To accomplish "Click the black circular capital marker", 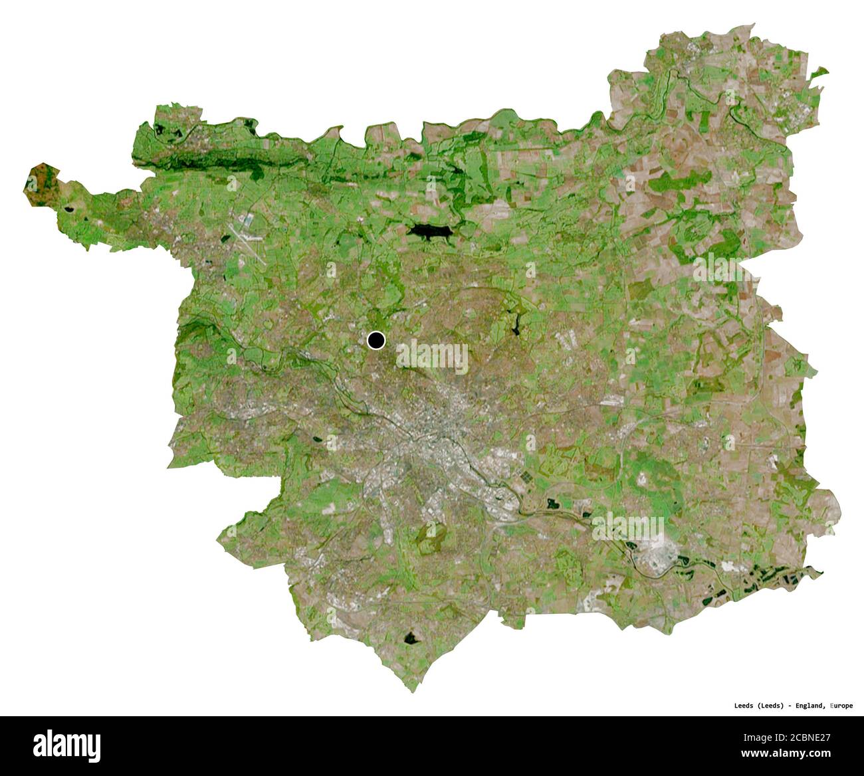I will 376,340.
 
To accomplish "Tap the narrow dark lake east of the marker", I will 516,324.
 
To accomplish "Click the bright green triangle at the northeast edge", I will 821,72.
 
